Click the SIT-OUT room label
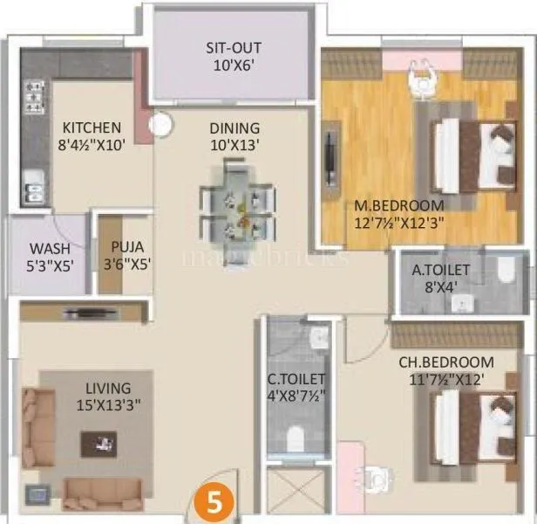234,48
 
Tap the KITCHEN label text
92,127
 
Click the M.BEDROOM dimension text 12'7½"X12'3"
399,222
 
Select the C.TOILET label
297,380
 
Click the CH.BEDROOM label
446,362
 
